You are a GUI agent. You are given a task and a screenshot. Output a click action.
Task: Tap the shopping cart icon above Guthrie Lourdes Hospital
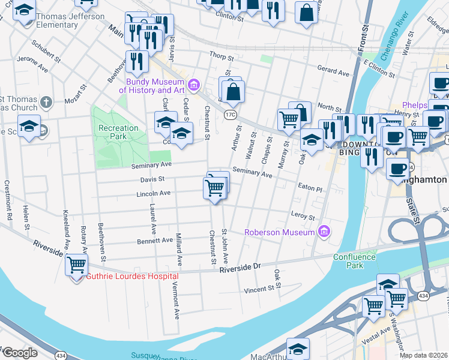tap(77, 264)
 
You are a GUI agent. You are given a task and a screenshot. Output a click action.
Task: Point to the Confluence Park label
tap(355, 261)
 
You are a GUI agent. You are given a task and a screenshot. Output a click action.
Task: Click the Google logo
tap(20, 353)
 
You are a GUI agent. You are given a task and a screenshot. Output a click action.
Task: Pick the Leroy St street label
tap(303, 216)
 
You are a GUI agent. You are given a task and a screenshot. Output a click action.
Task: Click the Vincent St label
tap(259, 290)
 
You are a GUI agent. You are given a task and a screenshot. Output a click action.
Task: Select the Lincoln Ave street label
tap(154, 193)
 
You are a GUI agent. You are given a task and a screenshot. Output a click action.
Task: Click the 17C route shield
tap(231, 113)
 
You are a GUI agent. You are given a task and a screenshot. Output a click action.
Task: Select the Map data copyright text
tap(423, 355)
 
